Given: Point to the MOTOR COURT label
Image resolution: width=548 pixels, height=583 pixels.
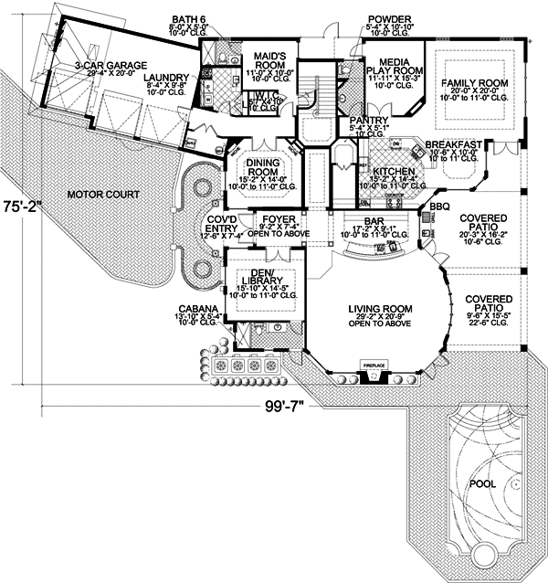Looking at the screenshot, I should coord(103,195).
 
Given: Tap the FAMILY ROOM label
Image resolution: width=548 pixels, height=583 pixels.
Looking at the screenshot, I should coord(473,83).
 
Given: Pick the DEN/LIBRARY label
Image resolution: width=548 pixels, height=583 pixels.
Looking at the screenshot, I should coord(263,278).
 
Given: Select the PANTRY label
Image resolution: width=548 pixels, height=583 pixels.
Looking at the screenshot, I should coord(369,121).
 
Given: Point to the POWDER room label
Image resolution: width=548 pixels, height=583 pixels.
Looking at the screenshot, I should coord(385,18).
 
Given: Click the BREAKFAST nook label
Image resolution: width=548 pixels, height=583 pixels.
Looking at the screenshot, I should coord(453,144).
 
